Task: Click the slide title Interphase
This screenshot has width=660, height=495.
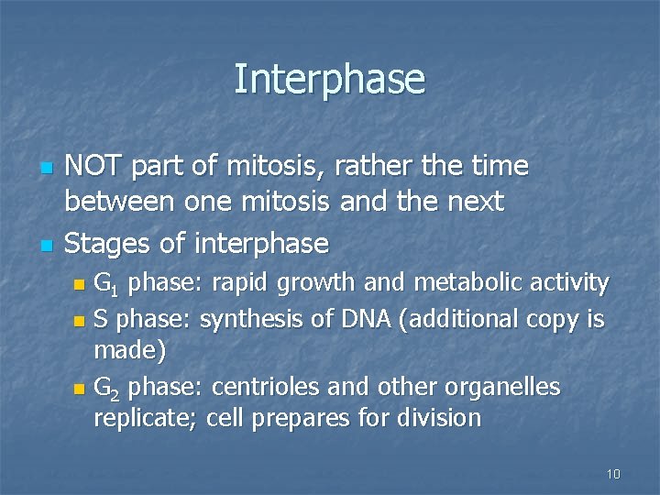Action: (x=329, y=79)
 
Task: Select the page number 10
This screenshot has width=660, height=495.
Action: (x=613, y=474)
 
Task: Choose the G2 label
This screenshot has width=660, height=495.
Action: (x=106, y=388)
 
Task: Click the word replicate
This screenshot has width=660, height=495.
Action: (x=147, y=419)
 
